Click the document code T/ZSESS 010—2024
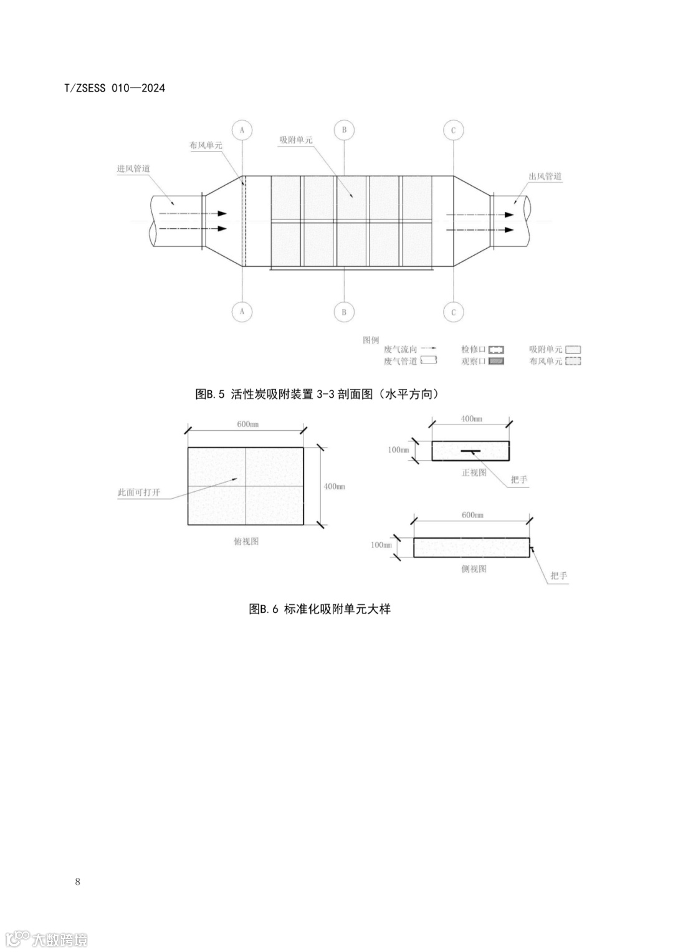(115, 88)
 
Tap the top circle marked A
(242, 130)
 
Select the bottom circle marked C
(453, 312)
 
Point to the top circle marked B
(344, 130)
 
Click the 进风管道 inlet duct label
(133, 168)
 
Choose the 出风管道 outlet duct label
(545, 176)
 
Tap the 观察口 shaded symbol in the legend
(496, 361)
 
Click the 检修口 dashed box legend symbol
(496, 350)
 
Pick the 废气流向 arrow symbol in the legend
(428, 349)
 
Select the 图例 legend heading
(371, 340)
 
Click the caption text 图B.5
(210, 394)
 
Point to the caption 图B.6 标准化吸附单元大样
(320, 609)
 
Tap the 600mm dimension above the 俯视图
(247, 424)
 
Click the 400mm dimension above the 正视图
(471, 419)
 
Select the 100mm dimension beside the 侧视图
(381, 545)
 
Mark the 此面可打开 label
(139, 493)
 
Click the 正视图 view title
(474, 473)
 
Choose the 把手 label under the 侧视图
(558, 576)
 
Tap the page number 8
(77, 882)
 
